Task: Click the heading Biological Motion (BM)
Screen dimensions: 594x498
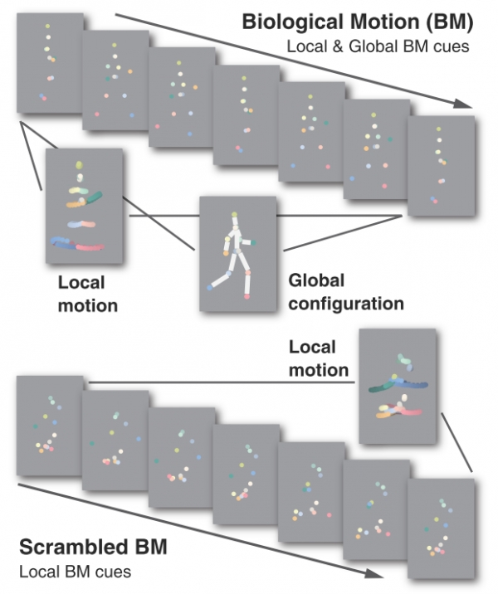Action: tap(357, 22)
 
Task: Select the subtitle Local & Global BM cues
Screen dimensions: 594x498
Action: tap(378, 47)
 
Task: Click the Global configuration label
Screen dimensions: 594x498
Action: tap(344, 292)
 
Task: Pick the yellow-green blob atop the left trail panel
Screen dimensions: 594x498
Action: tap(79, 168)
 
